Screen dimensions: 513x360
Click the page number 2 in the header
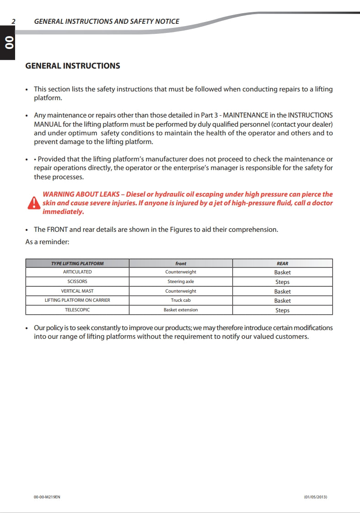click(x=14, y=21)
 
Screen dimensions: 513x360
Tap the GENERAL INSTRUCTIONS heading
click(x=73, y=66)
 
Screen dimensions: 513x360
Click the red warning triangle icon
click(x=33, y=203)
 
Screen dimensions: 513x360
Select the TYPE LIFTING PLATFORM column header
click(x=77, y=263)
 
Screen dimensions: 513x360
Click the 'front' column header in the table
click(x=181, y=263)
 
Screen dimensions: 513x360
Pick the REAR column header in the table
click(x=282, y=263)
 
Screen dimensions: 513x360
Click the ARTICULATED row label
click(x=77, y=272)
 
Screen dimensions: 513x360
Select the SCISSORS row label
click(x=77, y=282)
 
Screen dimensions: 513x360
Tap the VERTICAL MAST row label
click(x=77, y=291)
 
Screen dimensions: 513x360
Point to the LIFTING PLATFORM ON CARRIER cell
click(x=77, y=300)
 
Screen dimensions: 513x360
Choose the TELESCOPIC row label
click(x=77, y=310)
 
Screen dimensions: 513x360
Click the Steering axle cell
click(x=181, y=282)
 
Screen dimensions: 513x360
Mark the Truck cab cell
click(x=181, y=300)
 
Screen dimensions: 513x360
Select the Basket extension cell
click(x=181, y=310)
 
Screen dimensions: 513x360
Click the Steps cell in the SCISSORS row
click(x=282, y=282)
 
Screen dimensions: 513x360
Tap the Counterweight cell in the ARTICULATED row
click(x=181, y=272)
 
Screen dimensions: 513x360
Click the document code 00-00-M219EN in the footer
click(x=47, y=497)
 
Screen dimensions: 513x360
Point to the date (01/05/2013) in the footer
click(x=316, y=497)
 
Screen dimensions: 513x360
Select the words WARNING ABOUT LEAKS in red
click(x=81, y=194)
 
